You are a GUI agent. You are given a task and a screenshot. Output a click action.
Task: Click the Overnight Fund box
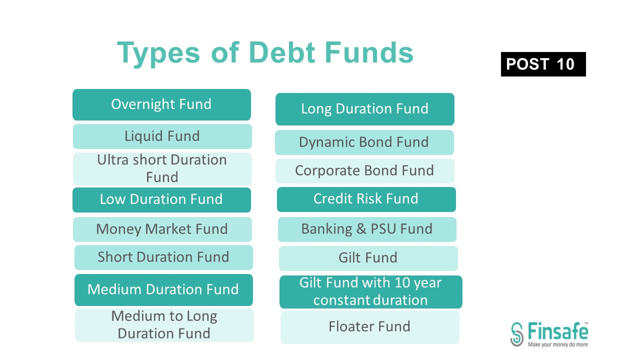[x=161, y=104]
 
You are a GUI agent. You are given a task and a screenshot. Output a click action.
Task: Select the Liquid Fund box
[x=162, y=136]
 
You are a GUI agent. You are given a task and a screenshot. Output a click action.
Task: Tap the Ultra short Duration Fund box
[x=162, y=168]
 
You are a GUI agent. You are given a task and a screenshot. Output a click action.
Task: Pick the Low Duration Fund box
[x=161, y=199]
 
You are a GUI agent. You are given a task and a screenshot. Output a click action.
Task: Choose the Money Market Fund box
[x=162, y=229]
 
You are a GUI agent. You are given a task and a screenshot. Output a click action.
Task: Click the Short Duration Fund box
[x=163, y=257]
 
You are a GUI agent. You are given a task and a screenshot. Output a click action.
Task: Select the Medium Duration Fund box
[x=163, y=289]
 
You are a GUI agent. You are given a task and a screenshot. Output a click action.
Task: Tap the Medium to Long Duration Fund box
[x=164, y=325]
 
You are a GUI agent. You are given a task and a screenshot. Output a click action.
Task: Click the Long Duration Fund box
[x=364, y=109]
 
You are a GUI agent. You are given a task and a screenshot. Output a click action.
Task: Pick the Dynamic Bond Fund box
[x=364, y=142]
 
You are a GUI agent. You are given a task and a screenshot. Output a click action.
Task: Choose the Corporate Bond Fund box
[x=364, y=170]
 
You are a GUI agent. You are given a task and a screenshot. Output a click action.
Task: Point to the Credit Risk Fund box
[x=366, y=199]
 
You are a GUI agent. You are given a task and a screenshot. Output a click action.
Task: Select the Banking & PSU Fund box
[x=367, y=229]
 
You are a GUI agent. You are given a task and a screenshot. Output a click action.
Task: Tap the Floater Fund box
[x=369, y=327]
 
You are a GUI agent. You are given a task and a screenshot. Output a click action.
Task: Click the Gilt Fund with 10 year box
[x=370, y=291]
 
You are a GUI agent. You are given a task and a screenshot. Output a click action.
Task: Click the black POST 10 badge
[x=543, y=64]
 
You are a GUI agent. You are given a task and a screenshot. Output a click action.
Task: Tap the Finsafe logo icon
[x=517, y=334]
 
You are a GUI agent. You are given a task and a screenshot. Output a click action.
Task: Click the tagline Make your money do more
[x=558, y=344]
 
